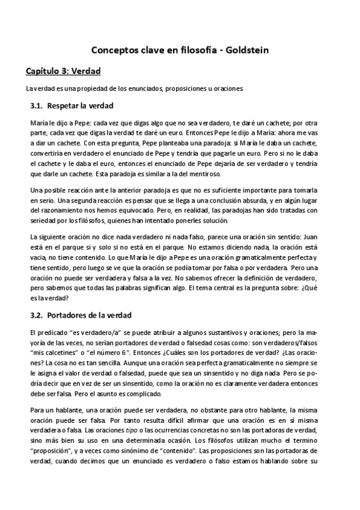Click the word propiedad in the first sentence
(84, 89)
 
